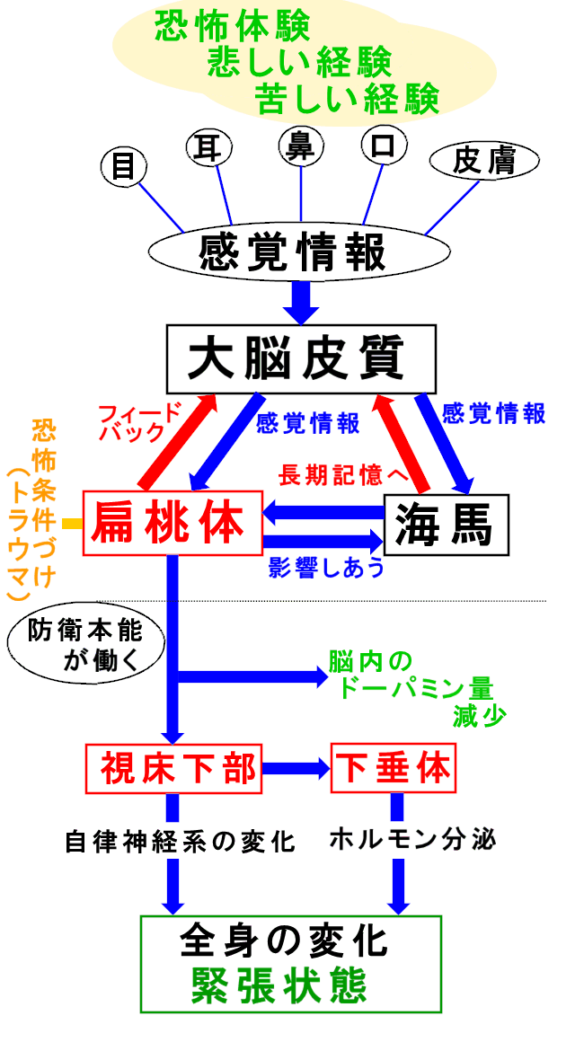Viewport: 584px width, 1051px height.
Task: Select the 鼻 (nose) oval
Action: (300, 146)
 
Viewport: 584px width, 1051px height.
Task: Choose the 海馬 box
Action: (447, 525)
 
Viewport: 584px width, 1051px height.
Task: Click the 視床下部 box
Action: (172, 768)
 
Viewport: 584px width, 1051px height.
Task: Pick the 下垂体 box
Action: (393, 768)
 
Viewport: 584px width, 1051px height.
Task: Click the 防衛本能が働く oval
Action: (87, 646)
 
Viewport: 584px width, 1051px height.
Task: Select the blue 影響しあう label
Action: (326, 568)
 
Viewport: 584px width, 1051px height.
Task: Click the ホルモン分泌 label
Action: (412, 840)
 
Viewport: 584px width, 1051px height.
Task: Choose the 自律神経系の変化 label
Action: (180, 842)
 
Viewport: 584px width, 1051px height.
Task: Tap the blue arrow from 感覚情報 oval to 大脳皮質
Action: (300, 301)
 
